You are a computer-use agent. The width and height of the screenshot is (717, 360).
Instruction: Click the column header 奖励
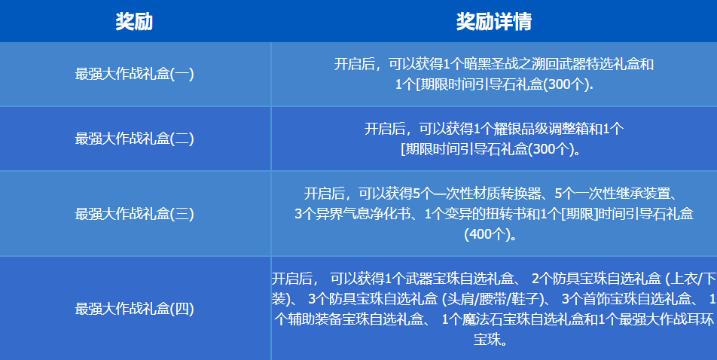134,22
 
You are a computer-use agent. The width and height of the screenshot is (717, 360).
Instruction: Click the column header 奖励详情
493,22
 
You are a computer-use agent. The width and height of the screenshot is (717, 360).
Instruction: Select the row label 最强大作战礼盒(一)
135,74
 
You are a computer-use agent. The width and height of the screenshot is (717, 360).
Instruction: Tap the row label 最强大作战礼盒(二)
135,139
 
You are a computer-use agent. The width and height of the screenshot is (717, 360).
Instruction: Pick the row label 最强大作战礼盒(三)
135,214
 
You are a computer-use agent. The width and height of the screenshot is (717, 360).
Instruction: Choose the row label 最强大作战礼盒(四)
135,308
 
